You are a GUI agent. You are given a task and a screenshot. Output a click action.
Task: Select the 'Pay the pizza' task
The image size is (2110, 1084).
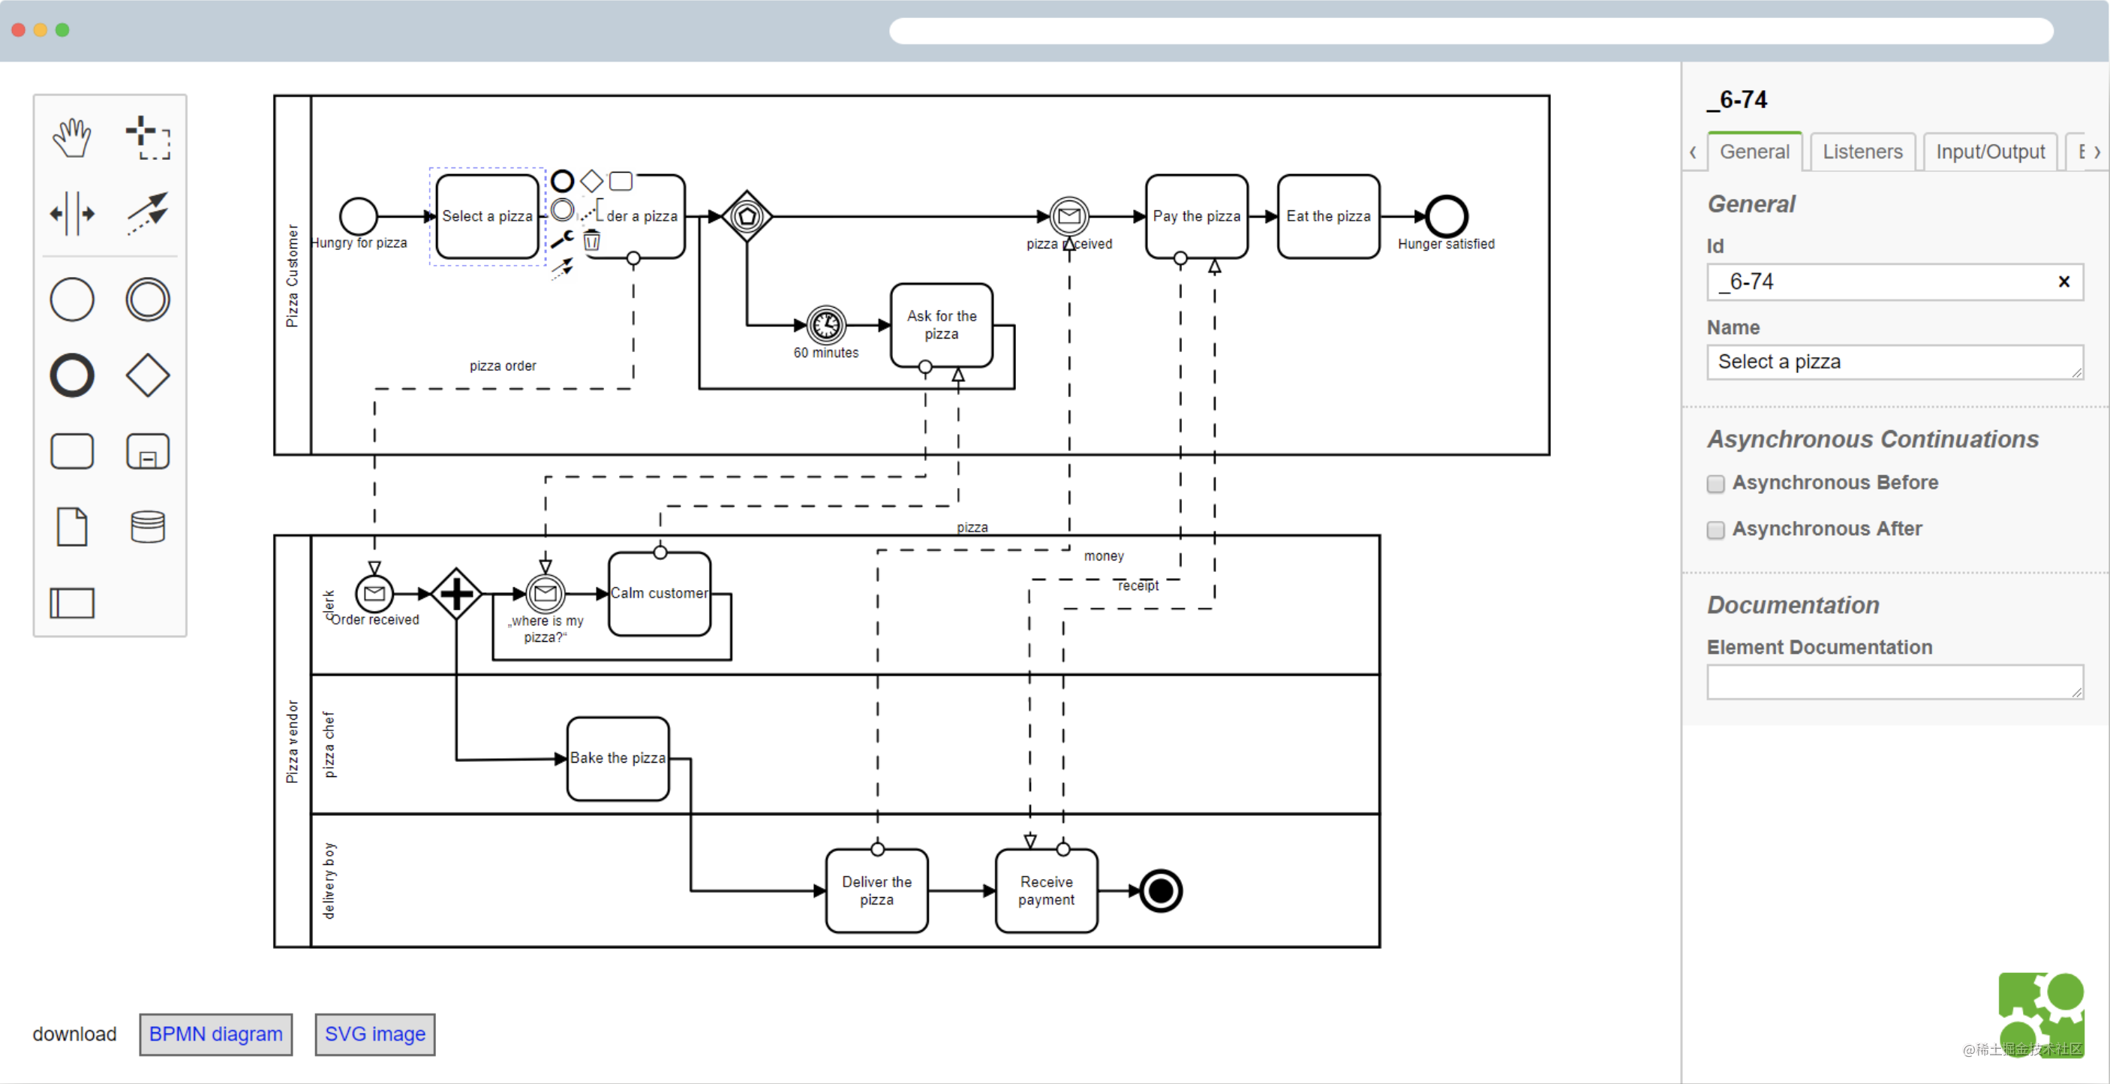click(1196, 216)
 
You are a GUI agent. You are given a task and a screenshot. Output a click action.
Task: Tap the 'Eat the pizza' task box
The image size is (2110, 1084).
click(1328, 216)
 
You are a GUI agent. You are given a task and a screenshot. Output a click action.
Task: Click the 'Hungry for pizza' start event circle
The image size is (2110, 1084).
click(358, 216)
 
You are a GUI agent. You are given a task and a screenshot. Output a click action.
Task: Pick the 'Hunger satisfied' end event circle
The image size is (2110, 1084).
click(1446, 216)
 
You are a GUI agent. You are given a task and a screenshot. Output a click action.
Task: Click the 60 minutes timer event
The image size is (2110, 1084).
click(825, 325)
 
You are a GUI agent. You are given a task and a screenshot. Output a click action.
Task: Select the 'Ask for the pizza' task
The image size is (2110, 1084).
click(941, 325)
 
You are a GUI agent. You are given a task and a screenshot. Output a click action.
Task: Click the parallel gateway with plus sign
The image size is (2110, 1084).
click(456, 593)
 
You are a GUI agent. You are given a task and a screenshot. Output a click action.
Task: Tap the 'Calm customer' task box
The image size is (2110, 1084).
click(660, 593)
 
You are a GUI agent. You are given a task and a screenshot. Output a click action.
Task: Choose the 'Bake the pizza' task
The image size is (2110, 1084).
click(618, 759)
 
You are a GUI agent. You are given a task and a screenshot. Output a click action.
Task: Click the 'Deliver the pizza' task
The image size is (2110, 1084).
click(876, 890)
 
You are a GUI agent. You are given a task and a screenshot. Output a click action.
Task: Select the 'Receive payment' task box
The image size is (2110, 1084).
click(1046, 890)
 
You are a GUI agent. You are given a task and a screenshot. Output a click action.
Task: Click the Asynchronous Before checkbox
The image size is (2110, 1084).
click(1715, 483)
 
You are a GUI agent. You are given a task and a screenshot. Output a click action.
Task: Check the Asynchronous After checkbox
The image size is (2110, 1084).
click(1715, 530)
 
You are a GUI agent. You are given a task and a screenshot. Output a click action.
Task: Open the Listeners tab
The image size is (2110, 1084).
click(1862, 152)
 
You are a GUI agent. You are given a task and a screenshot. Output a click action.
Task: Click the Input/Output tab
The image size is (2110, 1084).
click(1990, 152)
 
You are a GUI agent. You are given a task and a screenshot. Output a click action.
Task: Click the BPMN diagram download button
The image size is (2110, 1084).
click(215, 1034)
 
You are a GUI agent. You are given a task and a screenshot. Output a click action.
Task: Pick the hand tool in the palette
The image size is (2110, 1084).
click(72, 137)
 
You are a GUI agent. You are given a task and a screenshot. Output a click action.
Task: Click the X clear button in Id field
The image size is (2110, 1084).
click(2063, 282)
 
